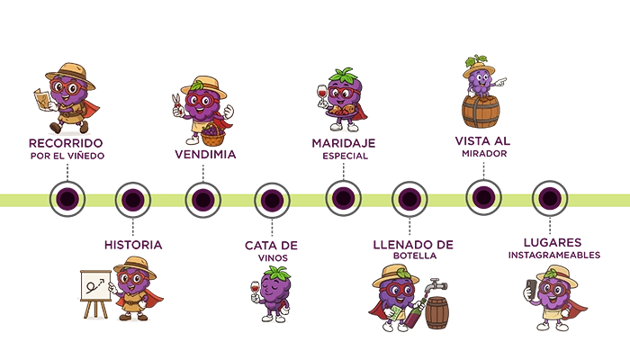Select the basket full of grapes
[x=211, y=135]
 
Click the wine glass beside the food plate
[x=323, y=93]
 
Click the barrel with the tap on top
[x=437, y=311]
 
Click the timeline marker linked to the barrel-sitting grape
[x=482, y=197]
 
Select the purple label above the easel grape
[x=133, y=244]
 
